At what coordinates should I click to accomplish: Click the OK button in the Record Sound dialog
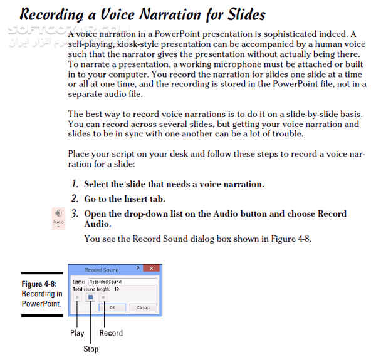pyautogui.click(x=112, y=307)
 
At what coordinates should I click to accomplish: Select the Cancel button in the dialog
pyautogui.click(x=143, y=307)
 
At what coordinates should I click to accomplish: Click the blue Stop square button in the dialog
pyautogui.click(x=90, y=298)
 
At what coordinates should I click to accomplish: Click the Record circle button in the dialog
pyautogui.click(x=103, y=298)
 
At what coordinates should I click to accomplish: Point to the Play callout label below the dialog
pyautogui.click(x=77, y=333)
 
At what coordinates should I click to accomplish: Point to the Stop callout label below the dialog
pyautogui.click(x=91, y=349)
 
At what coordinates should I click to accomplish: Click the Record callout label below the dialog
pyautogui.click(x=111, y=333)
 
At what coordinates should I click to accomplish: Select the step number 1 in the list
pyautogui.click(x=74, y=184)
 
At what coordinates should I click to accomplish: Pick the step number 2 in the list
pyautogui.click(x=74, y=199)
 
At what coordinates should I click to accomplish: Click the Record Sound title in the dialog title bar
pyautogui.click(x=102, y=270)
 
